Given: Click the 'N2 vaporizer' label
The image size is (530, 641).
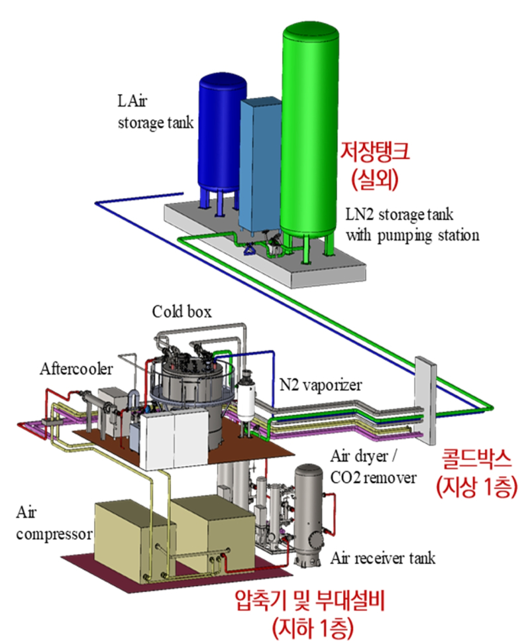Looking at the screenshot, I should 318,385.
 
